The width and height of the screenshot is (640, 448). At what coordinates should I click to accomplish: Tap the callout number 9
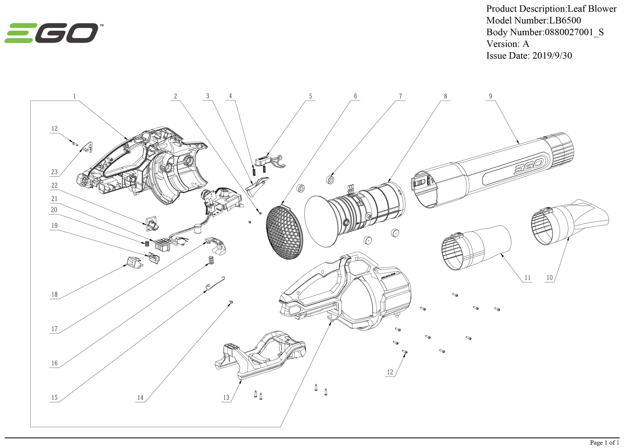491,96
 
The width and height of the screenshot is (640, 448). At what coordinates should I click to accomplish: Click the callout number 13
226,398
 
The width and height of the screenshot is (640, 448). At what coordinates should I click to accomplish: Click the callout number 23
54,172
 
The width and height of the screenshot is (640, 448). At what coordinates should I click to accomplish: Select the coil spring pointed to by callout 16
212,260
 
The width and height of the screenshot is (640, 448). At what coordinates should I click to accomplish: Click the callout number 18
54,294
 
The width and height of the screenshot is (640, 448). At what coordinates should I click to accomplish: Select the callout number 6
355,96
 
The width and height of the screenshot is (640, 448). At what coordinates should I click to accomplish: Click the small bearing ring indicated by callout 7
331,180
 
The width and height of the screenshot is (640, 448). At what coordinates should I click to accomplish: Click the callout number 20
54,210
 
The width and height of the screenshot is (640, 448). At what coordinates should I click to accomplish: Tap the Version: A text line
508,44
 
